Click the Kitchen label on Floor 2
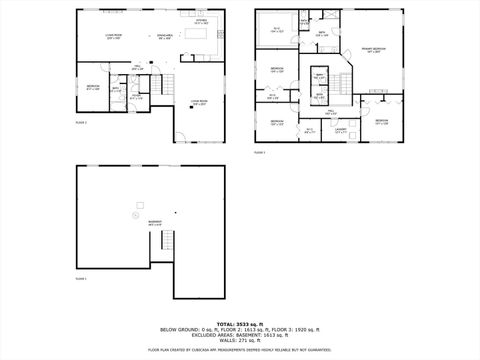click(201, 21)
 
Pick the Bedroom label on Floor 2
click(92, 88)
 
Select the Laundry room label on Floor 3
click(341, 129)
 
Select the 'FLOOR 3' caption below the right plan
click(260, 152)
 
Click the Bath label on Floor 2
click(116, 89)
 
